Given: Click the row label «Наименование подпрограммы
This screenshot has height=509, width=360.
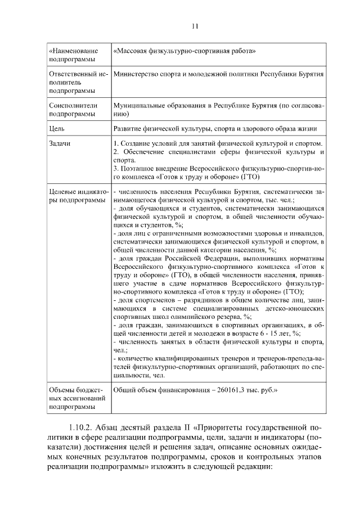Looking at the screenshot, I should [x=71, y=55].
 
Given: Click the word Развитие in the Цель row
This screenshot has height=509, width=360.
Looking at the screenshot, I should [x=129, y=129].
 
